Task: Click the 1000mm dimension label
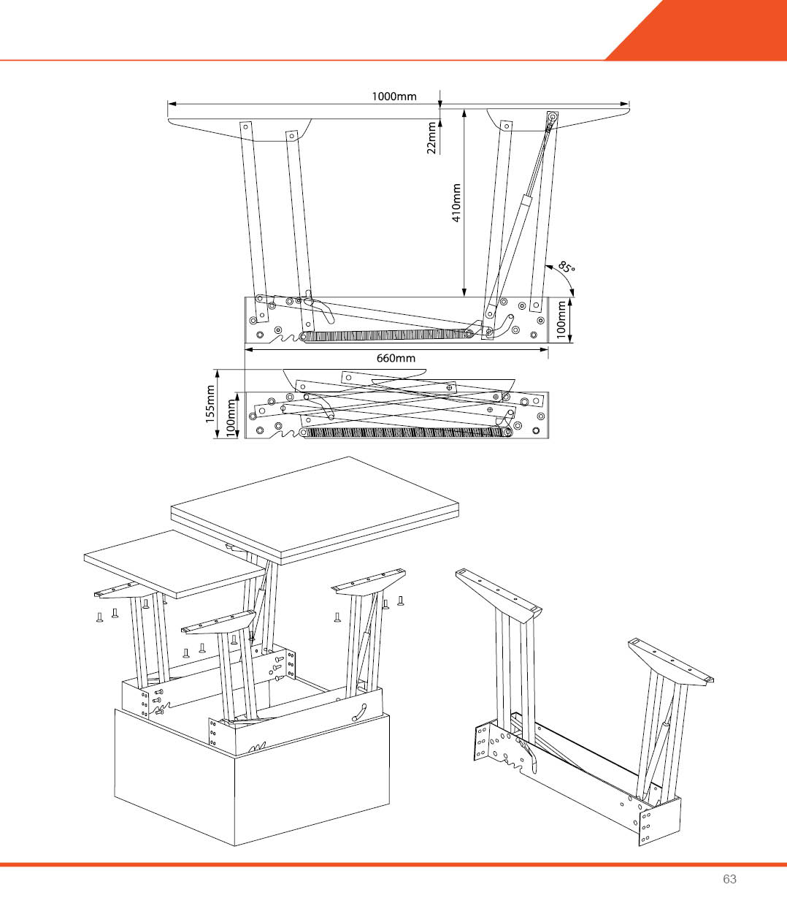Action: click(x=393, y=96)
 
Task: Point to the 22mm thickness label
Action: click(x=431, y=137)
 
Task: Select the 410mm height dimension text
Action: click(x=456, y=202)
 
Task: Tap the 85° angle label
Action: click(x=567, y=267)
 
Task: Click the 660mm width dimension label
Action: click(x=396, y=358)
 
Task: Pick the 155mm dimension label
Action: click(x=211, y=403)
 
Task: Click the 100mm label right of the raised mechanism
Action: click(x=561, y=320)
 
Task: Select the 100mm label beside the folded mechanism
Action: click(x=231, y=417)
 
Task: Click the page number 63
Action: click(x=729, y=879)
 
